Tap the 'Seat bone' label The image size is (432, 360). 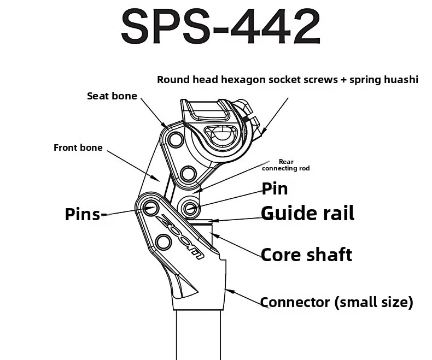pos(112,96)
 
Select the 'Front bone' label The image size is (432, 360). pos(78,147)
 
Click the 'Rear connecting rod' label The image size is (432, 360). pos(285,165)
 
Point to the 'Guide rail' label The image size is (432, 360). pos(307,213)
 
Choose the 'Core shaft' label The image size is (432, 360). pos(306,255)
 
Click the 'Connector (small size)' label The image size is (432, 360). pos(337,302)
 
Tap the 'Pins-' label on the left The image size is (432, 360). pos(86,214)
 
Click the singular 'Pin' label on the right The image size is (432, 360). pos(275,189)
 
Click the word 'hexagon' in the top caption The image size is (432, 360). pos(243,80)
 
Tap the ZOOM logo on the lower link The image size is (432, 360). pos(180,237)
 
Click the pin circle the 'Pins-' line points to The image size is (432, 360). pos(151,207)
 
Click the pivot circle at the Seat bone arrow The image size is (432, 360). pos(176,139)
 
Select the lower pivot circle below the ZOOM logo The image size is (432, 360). pos(164,243)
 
